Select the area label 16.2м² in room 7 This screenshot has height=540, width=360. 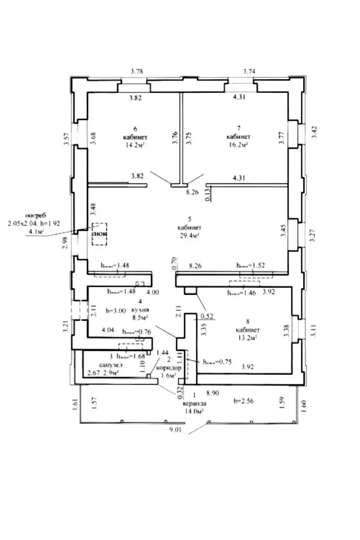pyautogui.click(x=238, y=145)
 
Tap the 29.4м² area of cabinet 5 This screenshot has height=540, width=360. pyautogui.click(x=189, y=235)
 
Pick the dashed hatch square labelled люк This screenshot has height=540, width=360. pyautogui.click(x=99, y=234)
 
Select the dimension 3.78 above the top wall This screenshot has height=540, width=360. pyautogui.click(x=137, y=71)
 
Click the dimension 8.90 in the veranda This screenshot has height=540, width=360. pyautogui.click(x=212, y=393)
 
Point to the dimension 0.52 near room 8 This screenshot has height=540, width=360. pyautogui.click(x=207, y=315)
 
